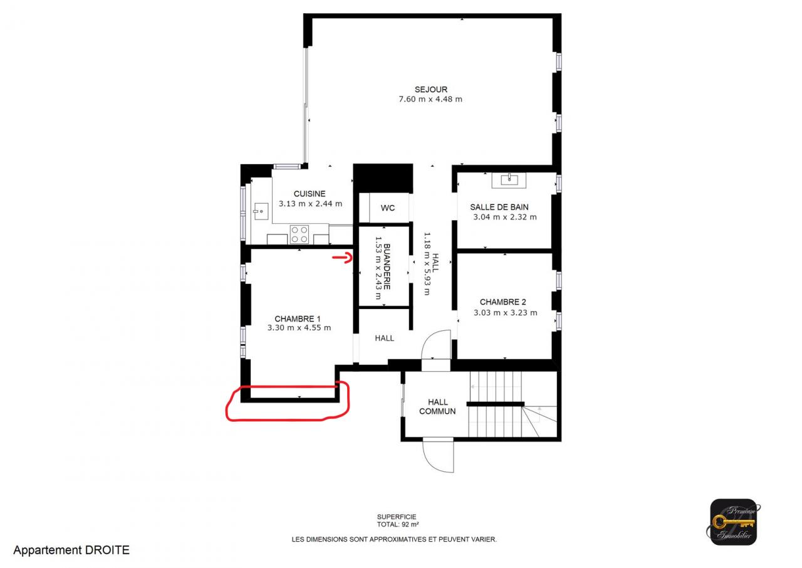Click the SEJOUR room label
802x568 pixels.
[x=430, y=90]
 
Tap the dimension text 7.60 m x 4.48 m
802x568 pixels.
[x=430, y=99]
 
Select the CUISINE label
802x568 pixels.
[x=310, y=194]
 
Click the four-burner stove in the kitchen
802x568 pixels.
[x=299, y=234]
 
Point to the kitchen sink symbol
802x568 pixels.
[x=261, y=211]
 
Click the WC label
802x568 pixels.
[x=388, y=208]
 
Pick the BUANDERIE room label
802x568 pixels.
[x=387, y=267]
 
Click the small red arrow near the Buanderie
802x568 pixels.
[x=343, y=258]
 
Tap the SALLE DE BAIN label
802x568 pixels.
[x=499, y=207]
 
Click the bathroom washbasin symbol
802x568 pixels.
[x=509, y=180]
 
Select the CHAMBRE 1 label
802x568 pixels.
[x=298, y=318]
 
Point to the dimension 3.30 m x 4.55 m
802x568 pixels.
[x=299, y=328]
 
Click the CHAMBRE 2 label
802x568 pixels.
[x=503, y=302]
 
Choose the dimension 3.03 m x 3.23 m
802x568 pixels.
[x=505, y=313]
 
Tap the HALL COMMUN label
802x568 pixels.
[x=437, y=406]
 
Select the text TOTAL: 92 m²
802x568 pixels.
[x=398, y=524]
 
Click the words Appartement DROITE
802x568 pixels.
[x=71, y=550]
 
